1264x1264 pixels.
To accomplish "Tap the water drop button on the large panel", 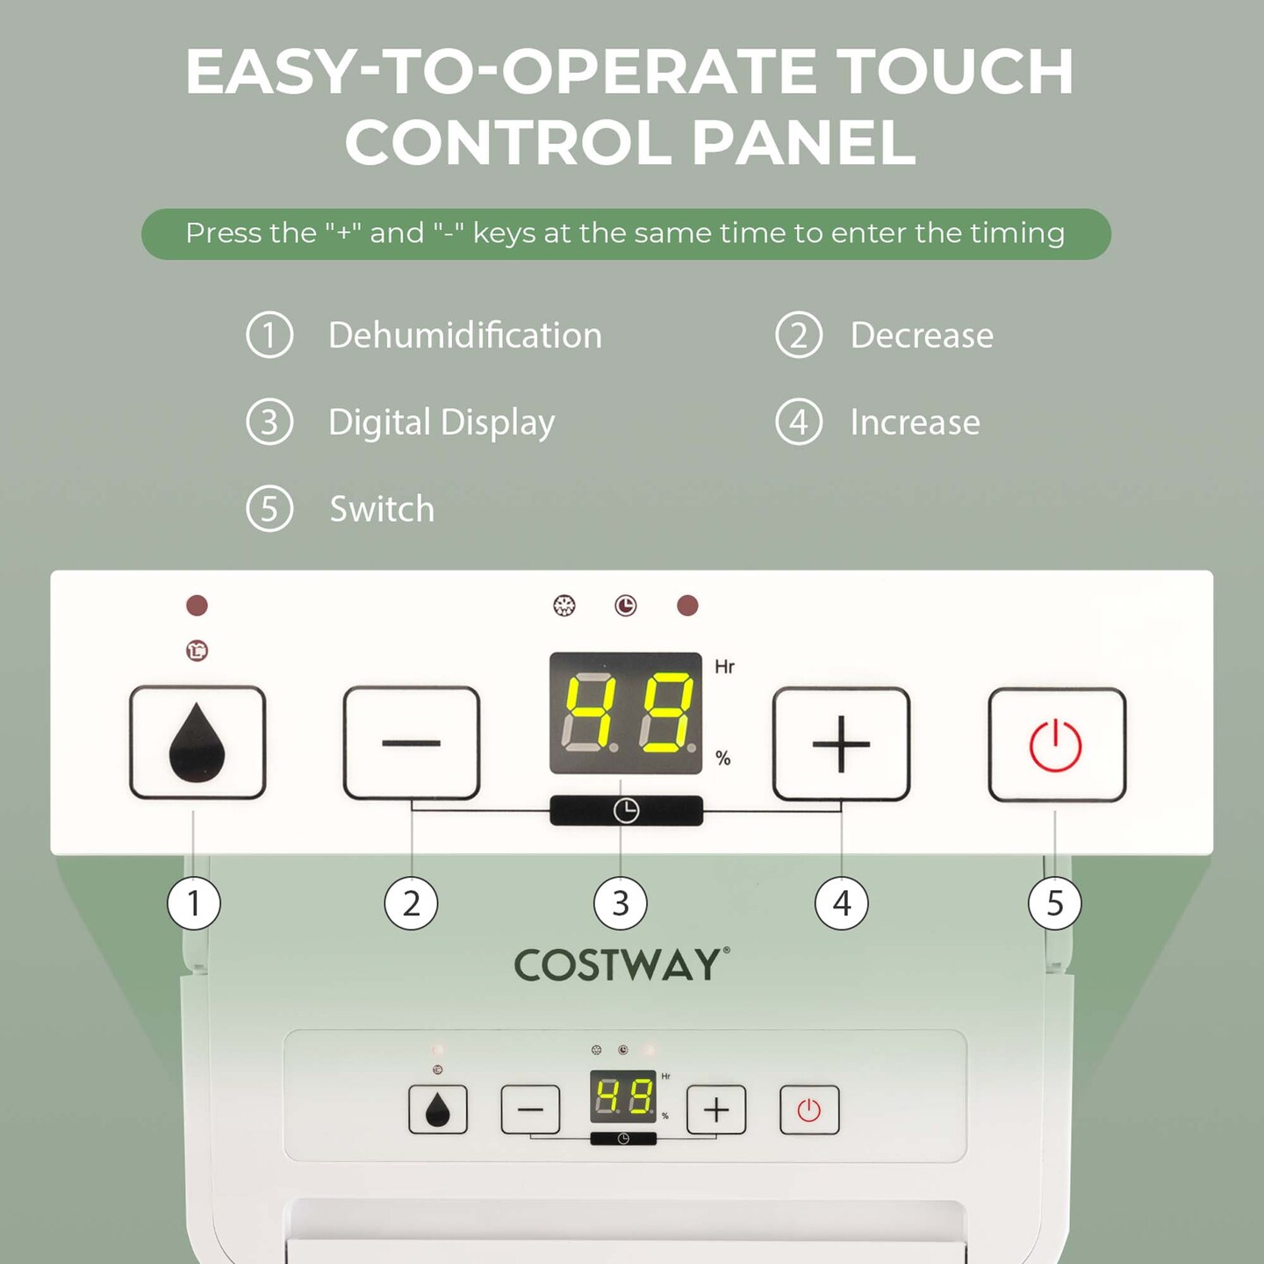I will tap(197, 743).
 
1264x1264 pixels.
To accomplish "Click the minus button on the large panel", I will tap(411, 743).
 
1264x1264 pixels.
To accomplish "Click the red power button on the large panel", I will tap(1056, 745).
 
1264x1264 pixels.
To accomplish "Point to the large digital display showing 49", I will tap(626, 713).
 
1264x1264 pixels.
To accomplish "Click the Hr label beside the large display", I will tap(724, 667).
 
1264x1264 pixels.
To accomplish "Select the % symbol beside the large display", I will tap(722, 758).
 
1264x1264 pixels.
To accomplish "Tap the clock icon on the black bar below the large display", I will tap(626, 810).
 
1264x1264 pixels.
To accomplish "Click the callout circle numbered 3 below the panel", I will tap(621, 903).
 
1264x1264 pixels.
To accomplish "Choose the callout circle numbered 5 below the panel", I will tap(1054, 903).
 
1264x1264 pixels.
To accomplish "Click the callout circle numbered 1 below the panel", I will tap(194, 903).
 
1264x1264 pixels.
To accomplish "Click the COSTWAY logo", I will tap(621, 966).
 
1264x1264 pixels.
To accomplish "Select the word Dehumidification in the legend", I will tap(464, 335).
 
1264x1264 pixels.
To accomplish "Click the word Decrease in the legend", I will tap(922, 335).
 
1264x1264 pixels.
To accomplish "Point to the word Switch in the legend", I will tap(382, 509).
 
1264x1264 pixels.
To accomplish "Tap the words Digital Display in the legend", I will tap(442, 422).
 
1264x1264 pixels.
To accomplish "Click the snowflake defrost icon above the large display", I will tap(564, 606).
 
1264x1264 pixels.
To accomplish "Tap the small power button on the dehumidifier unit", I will tap(809, 1110).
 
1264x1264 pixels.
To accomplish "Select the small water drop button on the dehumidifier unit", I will tap(438, 1110).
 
